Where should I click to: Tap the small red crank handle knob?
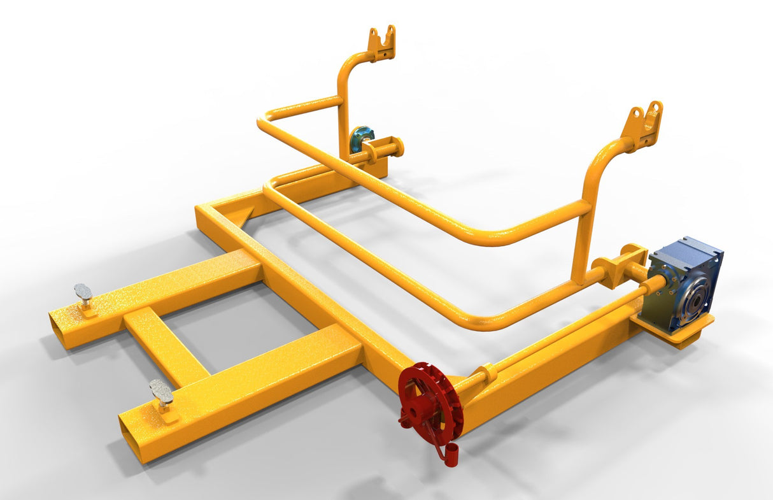coord(451,456)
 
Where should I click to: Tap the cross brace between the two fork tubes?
coord(165,345)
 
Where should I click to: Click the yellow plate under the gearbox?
coord(675,331)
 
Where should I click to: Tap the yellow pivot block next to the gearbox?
coord(616,264)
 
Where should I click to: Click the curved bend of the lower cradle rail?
coord(484,321)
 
